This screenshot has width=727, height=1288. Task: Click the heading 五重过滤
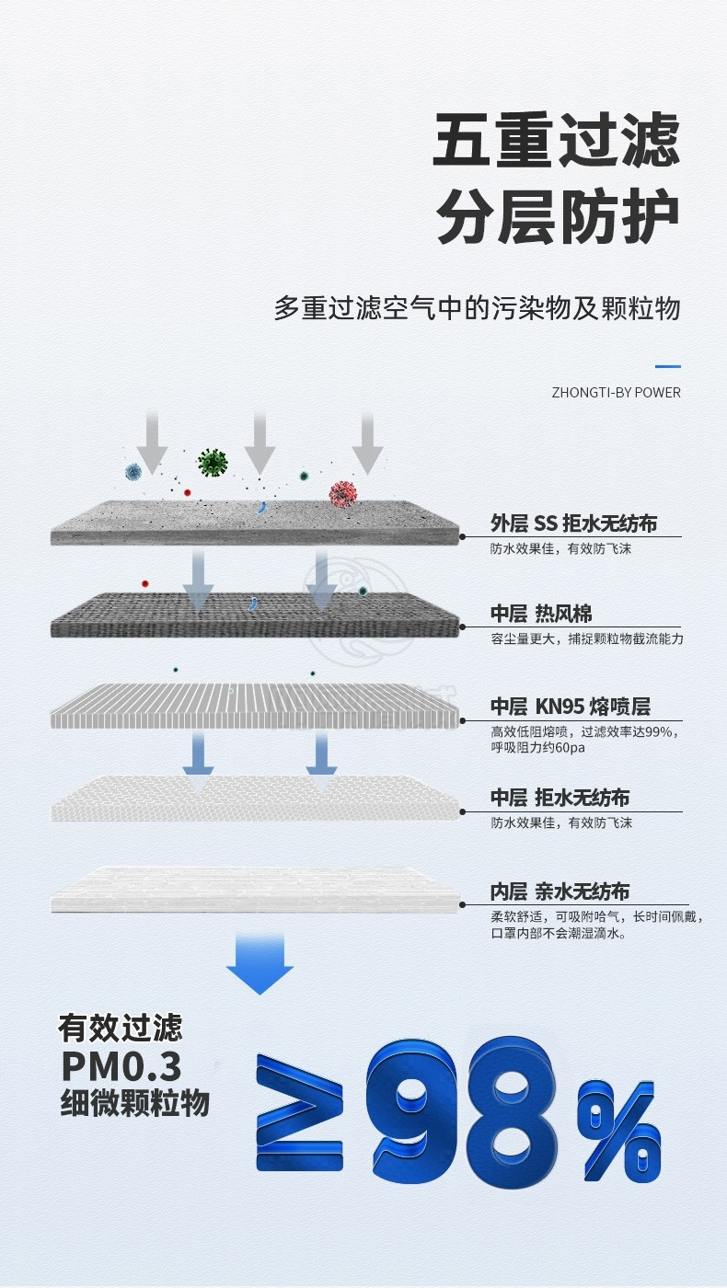pos(557,140)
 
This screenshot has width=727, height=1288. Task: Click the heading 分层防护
pos(557,217)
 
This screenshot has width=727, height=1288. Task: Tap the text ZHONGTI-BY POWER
pos(616,393)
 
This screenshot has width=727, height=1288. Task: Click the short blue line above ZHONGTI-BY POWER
pos(668,367)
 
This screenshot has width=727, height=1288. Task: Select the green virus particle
pos(213,462)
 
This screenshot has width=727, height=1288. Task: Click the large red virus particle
pos(342,494)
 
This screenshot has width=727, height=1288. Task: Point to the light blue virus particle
pos(133,472)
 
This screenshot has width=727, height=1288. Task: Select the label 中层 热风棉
pos(540,614)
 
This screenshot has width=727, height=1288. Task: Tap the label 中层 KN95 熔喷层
pos(570,707)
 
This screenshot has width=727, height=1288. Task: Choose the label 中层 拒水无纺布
pos(560,798)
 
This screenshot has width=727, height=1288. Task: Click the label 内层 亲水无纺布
pos(560,891)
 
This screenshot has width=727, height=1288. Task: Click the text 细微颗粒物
pos(134,1103)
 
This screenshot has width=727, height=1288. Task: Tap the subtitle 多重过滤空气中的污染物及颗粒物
pos(477,308)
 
